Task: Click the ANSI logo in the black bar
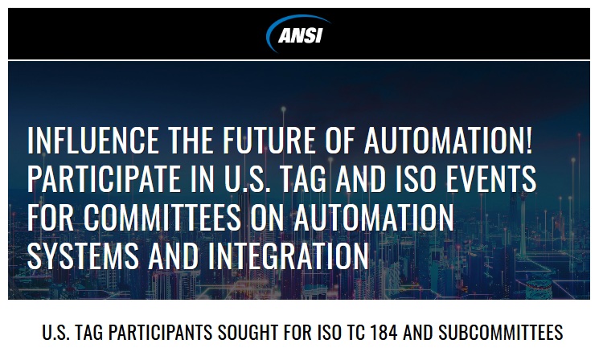click(x=298, y=34)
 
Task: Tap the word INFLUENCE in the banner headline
click(x=93, y=140)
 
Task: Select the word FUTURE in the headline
click(x=269, y=140)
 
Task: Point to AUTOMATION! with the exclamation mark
click(x=448, y=140)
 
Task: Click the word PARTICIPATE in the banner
click(x=105, y=178)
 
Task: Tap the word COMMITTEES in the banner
click(x=162, y=217)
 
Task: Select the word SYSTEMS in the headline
click(x=84, y=256)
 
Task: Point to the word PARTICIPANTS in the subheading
click(x=161, y=332)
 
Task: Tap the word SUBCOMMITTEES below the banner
click(x=500, y=332)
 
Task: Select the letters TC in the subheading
click(x=355, y=332)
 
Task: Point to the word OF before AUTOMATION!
click(x=340, y=140)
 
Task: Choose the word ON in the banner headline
click(x=268, y=217)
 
